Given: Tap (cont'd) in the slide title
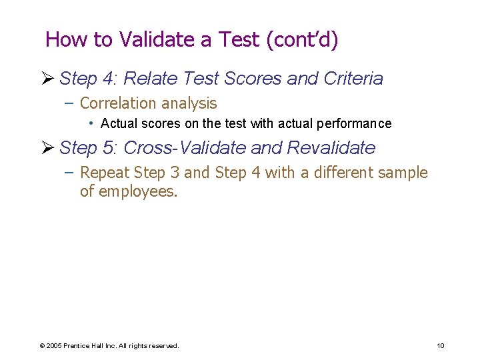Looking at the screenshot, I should coord(302,39).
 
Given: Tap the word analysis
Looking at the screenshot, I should coord(193,103).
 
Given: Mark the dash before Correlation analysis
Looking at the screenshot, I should coord(70,103).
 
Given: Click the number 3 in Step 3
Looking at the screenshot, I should coord(175,173).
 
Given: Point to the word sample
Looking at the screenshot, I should coord(403,173).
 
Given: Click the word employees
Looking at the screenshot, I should coord(137,193).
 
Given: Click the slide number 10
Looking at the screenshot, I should coord(440,345).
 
